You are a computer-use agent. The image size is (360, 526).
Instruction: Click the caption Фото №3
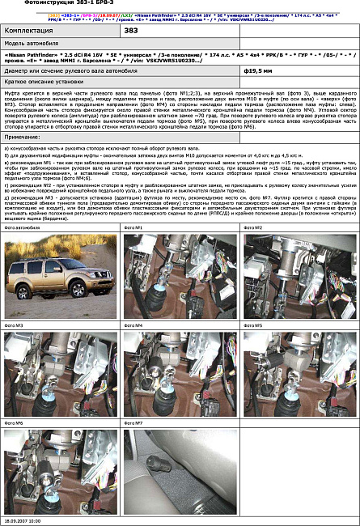[x=14, y=325]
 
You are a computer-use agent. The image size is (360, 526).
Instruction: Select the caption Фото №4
[x=133, y=325]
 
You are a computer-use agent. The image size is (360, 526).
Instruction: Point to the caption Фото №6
[x=14, y=422]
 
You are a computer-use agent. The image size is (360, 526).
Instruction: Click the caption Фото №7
[x=133, y=422]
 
